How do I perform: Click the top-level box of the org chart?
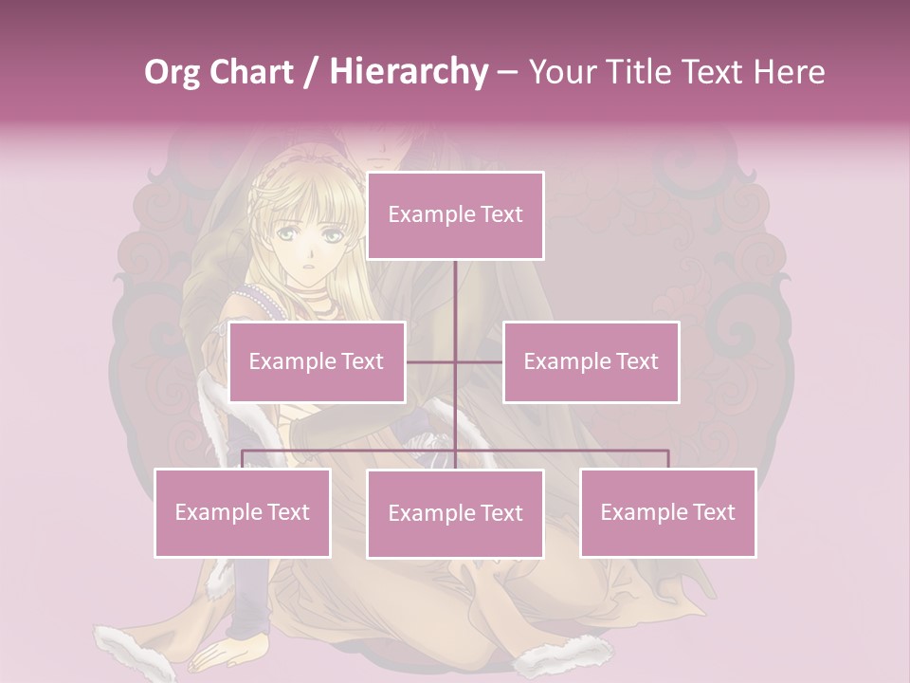pos(455,215)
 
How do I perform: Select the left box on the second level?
pos(317,361)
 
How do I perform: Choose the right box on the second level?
pos(591,361)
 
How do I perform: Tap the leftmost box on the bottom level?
pos(243,512)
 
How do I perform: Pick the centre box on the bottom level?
pos(455,513)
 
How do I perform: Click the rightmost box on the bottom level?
pos(667,512)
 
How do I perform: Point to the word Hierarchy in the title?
pos(409,72)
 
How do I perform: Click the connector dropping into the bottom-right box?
pos(668,459)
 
